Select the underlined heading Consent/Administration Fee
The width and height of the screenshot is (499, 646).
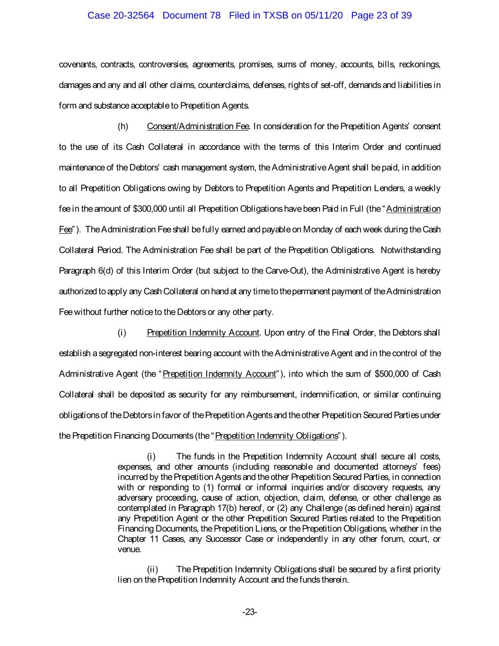[198, 126]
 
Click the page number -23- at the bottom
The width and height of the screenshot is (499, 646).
[249, 612]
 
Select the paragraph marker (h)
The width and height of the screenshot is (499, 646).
[123, 126]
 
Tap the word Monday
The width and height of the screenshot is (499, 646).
[318, 230]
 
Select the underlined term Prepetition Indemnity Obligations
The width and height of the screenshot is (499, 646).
[277, 435]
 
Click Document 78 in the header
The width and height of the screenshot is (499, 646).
[192, 15]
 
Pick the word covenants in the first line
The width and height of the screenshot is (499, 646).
[78, 64]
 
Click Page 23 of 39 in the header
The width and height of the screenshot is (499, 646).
[381, 15]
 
